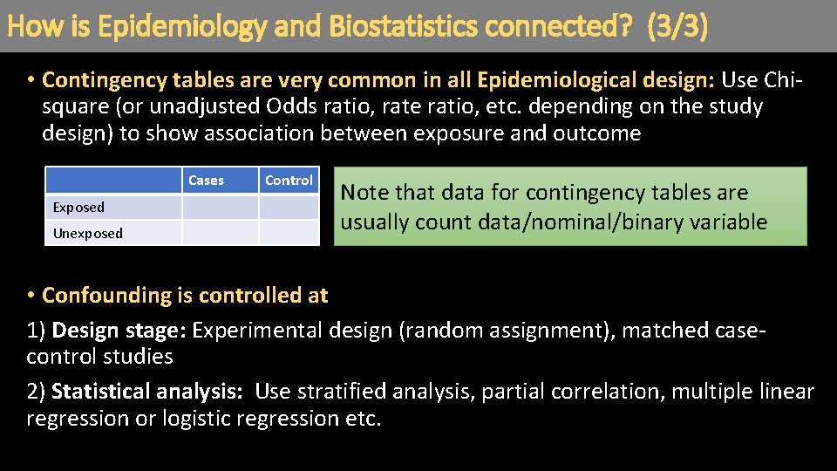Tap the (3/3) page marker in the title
(x=677, y=26)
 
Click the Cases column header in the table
(x=206, y=181)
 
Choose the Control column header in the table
(x=289, y=181)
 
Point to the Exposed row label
(x=78, y=208)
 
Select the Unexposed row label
(x=88, y=234)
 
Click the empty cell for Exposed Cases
(x=220, y=208)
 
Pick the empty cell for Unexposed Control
(x=289, y=233)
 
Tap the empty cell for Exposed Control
(x=289, y=208)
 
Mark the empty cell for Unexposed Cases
(x=220, y=233)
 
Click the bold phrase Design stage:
(x=119, y=331)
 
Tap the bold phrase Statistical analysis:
(x=146, y=392)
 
